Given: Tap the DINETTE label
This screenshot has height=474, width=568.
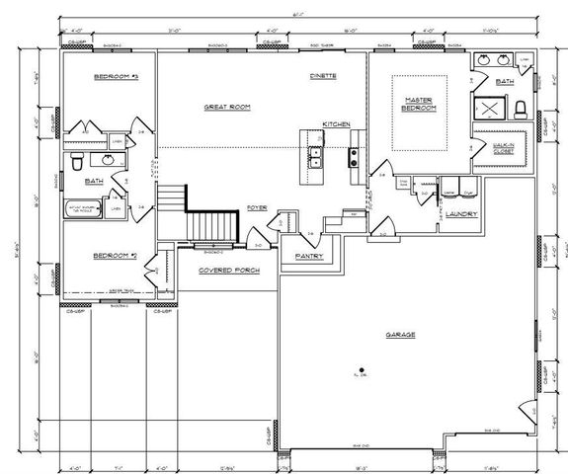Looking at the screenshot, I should point(323,75).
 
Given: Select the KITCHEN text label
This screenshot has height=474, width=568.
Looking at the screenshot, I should point(336,123).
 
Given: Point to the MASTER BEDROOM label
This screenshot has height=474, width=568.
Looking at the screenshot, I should point(421,105).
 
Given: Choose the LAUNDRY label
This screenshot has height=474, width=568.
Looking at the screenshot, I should point(461,213).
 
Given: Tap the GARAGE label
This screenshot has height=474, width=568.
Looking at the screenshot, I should point(400,335).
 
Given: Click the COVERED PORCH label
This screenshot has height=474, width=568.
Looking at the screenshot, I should point(222,269).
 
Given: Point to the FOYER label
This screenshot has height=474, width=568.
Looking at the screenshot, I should point(258,208).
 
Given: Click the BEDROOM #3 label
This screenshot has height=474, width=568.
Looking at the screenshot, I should point(116,76).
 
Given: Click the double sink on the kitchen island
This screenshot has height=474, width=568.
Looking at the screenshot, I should point(315,156).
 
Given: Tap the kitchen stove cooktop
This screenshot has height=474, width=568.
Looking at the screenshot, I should point(352,155).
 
